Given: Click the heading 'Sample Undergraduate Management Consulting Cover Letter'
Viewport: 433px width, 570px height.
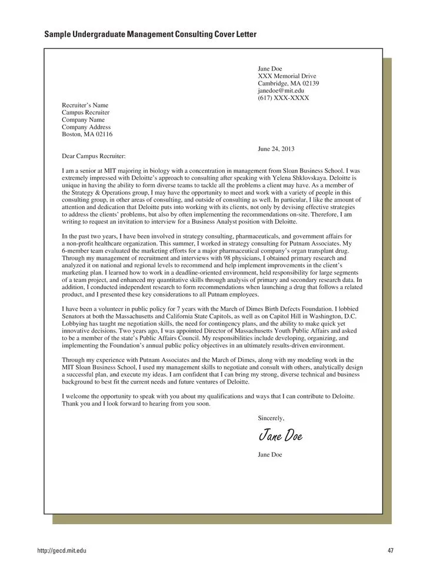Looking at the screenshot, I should [150, 35].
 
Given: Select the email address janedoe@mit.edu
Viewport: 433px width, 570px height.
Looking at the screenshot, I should [281, 91].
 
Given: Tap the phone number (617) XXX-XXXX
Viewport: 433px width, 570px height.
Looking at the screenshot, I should [283, 98].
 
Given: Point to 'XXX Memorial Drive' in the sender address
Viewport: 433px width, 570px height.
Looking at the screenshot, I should [287, 76].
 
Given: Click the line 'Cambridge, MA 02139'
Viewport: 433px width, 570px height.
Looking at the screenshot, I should [288, 83].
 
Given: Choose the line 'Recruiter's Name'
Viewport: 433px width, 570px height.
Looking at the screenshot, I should [85, 105].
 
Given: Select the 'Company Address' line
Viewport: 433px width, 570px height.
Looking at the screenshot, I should [86, 127].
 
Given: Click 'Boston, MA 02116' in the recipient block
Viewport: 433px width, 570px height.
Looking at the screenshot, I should [87, 134].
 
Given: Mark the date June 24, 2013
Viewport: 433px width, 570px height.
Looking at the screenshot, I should [275, 149].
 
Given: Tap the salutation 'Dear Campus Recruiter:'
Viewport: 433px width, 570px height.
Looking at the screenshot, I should [94, 156].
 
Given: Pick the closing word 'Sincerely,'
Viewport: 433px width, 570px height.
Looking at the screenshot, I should [271, 418].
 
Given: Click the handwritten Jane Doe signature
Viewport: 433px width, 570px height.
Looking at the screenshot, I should [280, 435].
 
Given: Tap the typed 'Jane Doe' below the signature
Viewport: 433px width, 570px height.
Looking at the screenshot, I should [269, 454].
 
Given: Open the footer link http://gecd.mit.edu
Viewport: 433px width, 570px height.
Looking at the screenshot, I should [62, 550].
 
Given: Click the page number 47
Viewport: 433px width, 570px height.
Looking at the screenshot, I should [391, 550].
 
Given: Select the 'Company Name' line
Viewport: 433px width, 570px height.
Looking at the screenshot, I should [83, 120].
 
